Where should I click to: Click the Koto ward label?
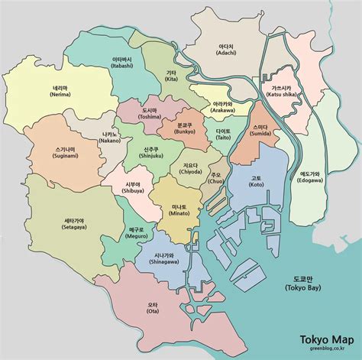(255, 183)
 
